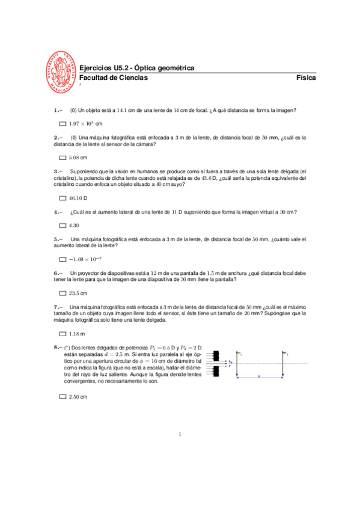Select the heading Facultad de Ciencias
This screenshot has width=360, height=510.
114,78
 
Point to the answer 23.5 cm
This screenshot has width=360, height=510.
78,293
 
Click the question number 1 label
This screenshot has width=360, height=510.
58,110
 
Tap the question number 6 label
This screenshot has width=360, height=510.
58,272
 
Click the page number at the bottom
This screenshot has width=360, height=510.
180,434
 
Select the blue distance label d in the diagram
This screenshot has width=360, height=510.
259,376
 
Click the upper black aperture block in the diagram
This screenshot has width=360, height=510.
216,355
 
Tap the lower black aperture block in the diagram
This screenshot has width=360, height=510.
216,372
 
